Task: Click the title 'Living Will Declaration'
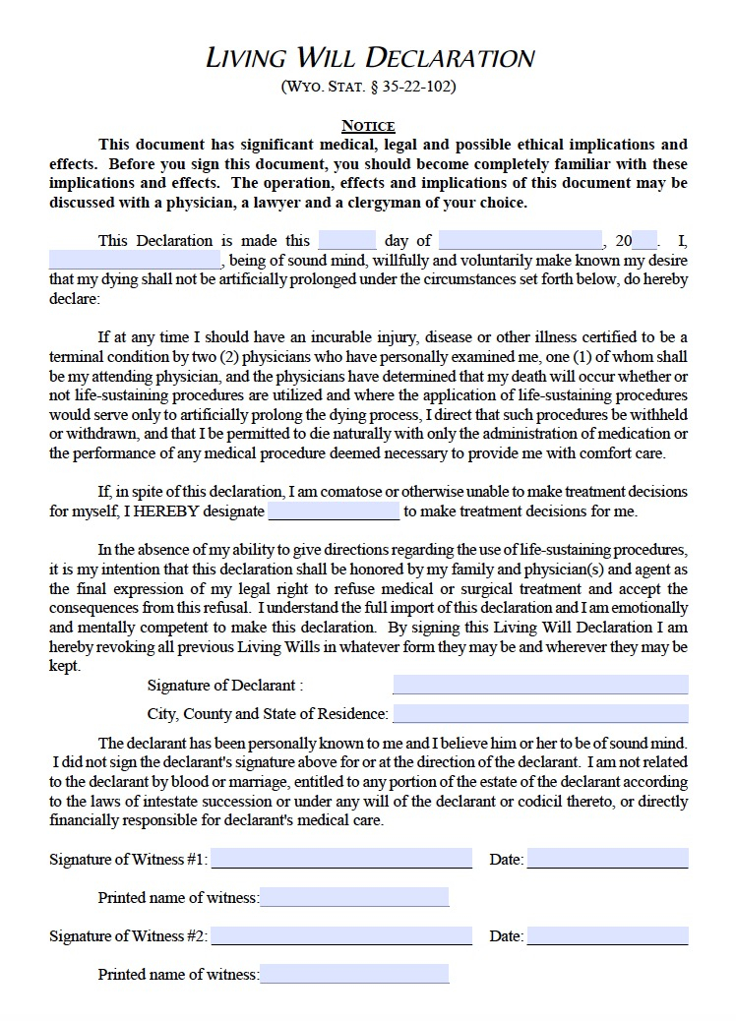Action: pos(369,57)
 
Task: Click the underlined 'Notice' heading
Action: pos(368,126)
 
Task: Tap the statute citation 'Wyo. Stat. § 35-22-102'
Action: pos(368,87)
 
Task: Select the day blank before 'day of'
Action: pos(347,241)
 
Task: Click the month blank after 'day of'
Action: pos(521,241)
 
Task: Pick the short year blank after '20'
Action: pos(644,241)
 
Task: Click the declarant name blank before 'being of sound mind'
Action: pos(136,261)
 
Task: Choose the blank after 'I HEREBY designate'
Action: pos(334,511)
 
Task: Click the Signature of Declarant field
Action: pos(540,685)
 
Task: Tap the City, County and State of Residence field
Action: pos(540,714)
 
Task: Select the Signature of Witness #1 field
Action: pos(341,859)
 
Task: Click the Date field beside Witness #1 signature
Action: pos(607,859)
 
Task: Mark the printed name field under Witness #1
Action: pos(354,897)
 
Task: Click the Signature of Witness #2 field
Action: pos(341,935)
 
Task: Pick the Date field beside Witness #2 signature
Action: pos(607,935)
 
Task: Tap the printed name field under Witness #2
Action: pos(354,974)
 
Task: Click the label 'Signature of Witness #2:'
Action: pos(129,936)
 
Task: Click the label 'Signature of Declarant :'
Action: pos(225,686)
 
